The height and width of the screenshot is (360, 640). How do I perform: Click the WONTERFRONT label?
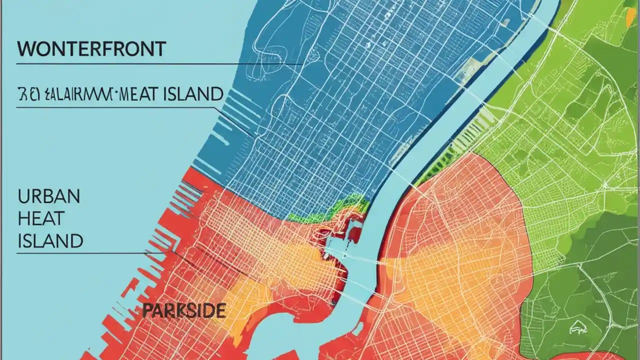tap(91, 49)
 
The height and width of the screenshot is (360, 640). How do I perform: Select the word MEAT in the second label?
tap(146, 94)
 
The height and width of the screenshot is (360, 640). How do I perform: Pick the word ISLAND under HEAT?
tap(50, 241)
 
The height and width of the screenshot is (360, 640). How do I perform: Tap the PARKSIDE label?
tap(183, 311)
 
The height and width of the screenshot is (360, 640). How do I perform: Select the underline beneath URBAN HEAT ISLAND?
tap(90, 253)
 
